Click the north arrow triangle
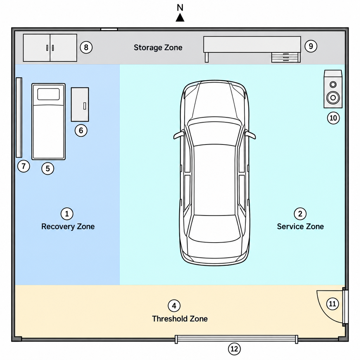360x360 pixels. (x=180, y=18)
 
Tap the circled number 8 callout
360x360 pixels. (x=86, y=47)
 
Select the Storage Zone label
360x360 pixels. (x=158, y=47)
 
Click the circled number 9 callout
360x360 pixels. (x=311, y=46)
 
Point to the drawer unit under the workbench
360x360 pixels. (x=286, y=57)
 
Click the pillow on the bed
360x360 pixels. (x=49, y=94)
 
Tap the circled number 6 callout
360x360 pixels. (x=81, y=130)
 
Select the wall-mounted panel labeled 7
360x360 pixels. (x=19, y=117)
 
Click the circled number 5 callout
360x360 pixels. (x=48, y=168)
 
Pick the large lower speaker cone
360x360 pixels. (x=333, y=98)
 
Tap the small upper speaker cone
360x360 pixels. (x=333, y=84)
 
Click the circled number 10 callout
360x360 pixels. (x=333, y=118)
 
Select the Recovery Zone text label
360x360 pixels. (x=68, y=226)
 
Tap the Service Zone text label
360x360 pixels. (x=300, y=226)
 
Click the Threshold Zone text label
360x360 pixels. (x=180, y=319)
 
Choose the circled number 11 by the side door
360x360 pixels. (x=333, y=304)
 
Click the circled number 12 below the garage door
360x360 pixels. (x=234, y=349)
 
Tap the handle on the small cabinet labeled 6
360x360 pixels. (x=85, y=106)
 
